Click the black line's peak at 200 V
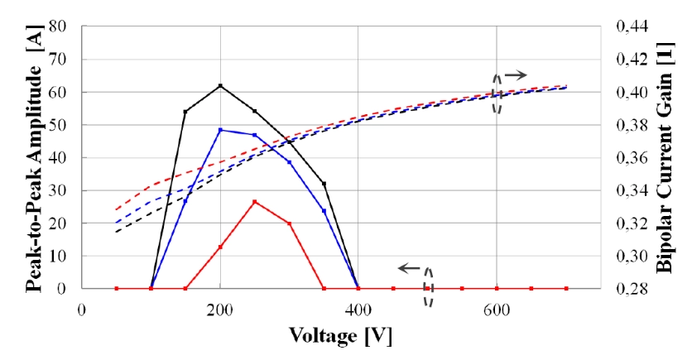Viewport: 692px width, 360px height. click(x=220, y=85)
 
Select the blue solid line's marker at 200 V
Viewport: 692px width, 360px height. click(x=220, y=130)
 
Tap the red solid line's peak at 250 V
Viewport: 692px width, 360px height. click(x=255, y=202)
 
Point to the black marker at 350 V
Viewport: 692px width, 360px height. click(x=324, y=184)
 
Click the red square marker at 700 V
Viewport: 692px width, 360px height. click(x=566, y=289)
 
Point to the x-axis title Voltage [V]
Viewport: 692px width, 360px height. click(x=341, y=337)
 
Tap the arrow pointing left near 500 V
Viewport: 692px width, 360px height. click(x=407, y=268)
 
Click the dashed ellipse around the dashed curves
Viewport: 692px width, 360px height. click(x=497, y=93)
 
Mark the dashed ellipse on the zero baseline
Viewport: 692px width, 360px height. click(x=429, y=287)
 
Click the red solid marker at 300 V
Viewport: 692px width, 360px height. click(x=290, y=223)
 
